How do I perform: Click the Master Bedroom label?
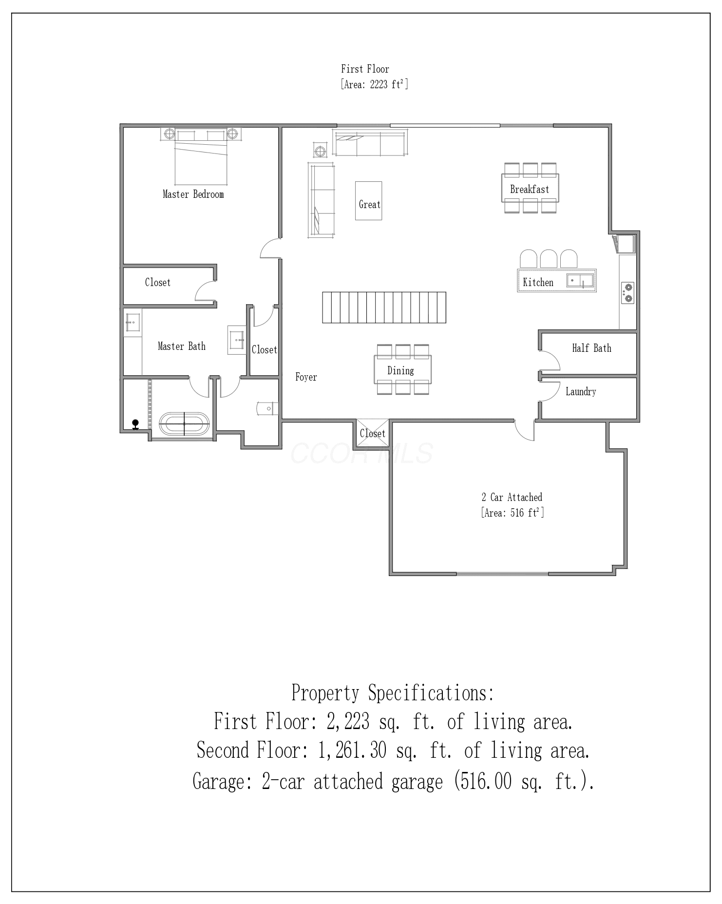pos(193,194)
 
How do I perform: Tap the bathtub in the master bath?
pos(184,423)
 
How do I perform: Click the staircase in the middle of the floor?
pos(384,307)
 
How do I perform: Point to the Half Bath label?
pos(591,348)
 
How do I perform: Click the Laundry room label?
pos(581,391)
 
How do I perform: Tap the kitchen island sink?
pos(580,281)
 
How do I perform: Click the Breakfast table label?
pos(530,189)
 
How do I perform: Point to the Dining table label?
pos(400,370)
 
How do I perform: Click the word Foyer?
pos(306,377)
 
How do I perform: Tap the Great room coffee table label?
pos(369,204)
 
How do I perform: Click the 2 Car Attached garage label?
pos(512,497)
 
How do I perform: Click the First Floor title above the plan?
pos(365,69)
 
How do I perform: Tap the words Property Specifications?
pos(393,692)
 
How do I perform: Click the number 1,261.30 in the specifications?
pos(352,750)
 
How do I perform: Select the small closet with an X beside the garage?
pos(373,433)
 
